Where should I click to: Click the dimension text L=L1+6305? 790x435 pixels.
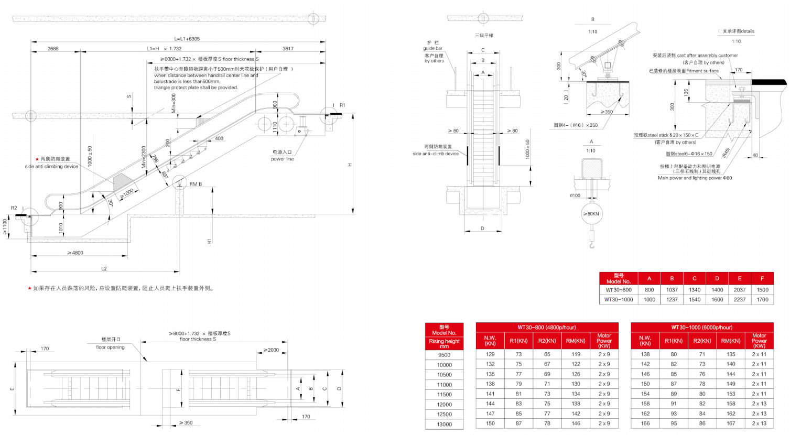[x=187, y=39]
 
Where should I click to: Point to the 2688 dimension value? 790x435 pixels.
[x=53, y=49]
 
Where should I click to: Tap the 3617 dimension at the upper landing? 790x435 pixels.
[x=288, y=49]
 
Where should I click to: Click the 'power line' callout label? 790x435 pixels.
[x=282, y=159]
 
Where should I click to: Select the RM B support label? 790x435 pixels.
[x=196, y=184]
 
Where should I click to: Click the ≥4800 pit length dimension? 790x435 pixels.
[x=75, y=253]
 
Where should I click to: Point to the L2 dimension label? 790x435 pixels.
[x=104, y=269]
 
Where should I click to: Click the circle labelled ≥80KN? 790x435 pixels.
[x=591, y=214]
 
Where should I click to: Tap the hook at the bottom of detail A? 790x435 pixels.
[x=591, y=244]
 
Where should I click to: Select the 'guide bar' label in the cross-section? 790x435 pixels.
[x=432, y=48]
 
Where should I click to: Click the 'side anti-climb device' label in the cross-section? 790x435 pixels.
[x=435, y=154]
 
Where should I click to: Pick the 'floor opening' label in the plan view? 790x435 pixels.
[x=110, y=347]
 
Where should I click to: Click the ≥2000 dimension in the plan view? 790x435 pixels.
[x=271, y=350]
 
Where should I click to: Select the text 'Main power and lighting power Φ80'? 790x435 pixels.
[x=695, y=178]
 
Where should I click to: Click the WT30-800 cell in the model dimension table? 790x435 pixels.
[x=619, y=290]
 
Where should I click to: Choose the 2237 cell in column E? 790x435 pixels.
[x=740, y=300]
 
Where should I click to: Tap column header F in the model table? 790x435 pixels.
[x=762, y=278]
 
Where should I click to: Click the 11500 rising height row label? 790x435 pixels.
[x=444, y=395]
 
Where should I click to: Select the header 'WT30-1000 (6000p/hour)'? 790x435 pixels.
[x=701, y=327]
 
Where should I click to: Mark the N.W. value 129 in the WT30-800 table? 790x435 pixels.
[x=490, y=354]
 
